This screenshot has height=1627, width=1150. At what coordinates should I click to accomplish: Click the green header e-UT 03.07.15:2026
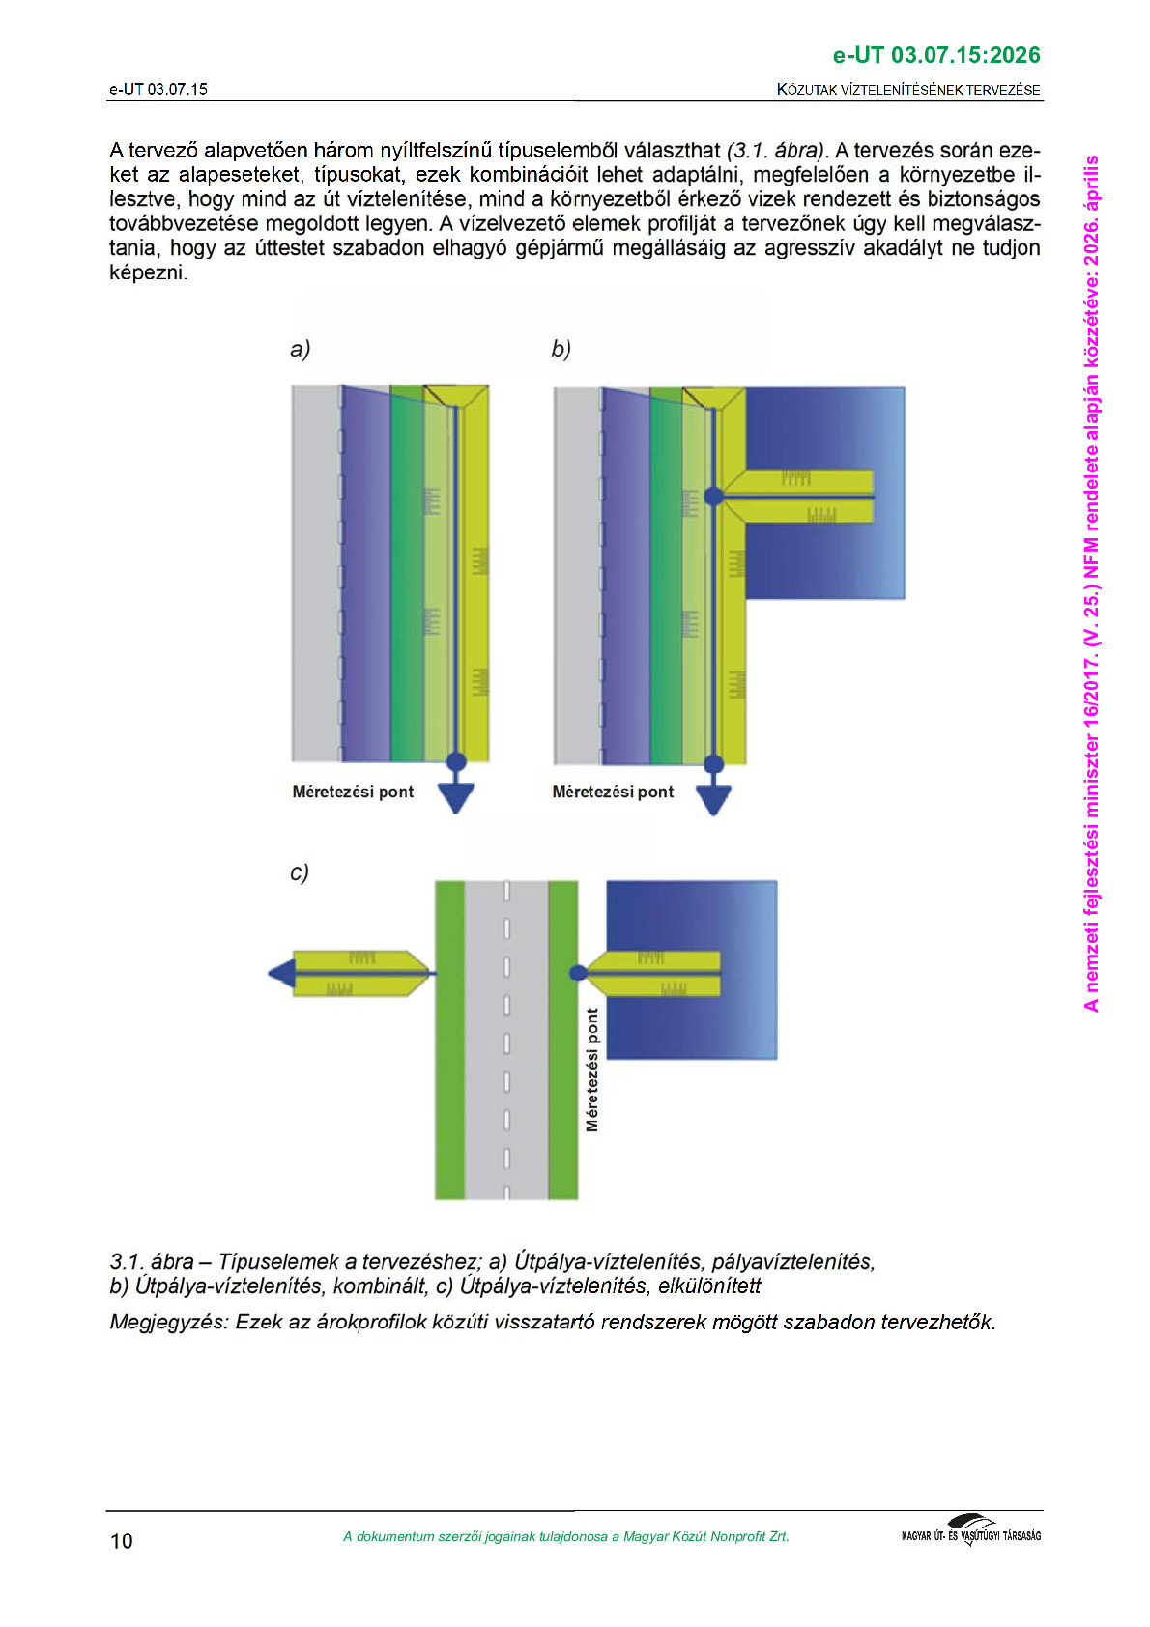(935, 55)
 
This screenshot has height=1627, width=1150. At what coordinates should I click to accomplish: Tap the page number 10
(122, 1541)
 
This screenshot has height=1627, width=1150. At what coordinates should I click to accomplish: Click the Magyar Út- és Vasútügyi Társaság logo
(970, 1531)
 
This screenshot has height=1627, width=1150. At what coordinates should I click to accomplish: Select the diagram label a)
(300, 349)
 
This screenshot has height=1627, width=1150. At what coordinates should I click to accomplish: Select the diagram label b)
(561, 349)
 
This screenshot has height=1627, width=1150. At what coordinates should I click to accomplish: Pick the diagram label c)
(300, 872)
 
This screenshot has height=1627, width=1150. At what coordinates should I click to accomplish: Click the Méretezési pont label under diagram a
(353, 792)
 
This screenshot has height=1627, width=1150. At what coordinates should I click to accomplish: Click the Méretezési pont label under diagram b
(613, 792)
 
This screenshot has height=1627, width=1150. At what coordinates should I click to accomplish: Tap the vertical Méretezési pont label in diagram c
(592, 1070)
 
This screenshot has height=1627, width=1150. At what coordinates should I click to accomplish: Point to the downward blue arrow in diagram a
(456, 796)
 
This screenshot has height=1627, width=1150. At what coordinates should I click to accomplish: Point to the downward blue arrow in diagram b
(713, 798)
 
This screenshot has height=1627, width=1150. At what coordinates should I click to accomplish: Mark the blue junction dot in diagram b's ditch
(713, 496)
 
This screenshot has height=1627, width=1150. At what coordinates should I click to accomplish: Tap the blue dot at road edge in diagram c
(578, 972)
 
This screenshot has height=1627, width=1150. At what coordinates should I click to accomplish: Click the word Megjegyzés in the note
(168, 1322)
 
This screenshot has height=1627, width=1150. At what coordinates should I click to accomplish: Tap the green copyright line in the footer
(565, 1536)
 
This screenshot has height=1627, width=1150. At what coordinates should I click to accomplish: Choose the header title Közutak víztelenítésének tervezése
(907, 90)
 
